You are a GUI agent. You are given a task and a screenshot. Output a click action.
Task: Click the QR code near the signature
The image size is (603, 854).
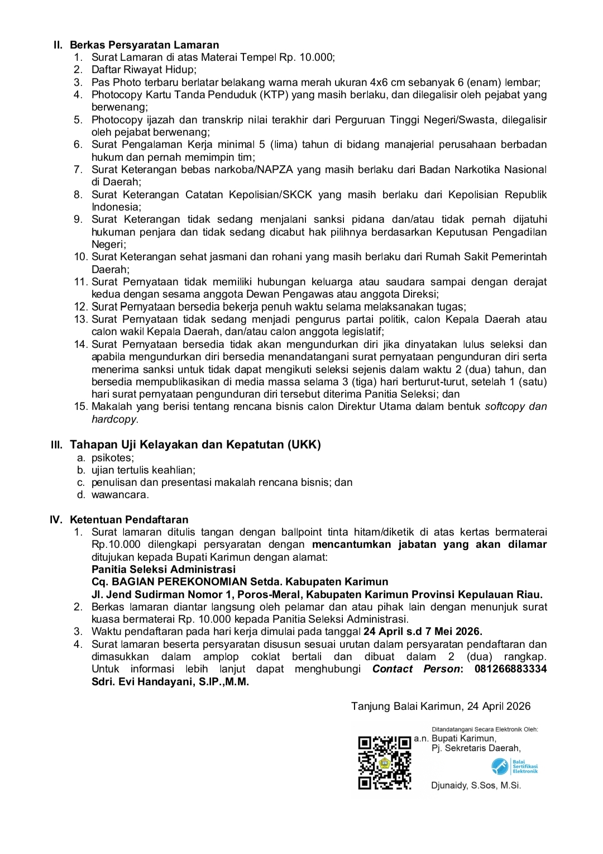tap(385, 762)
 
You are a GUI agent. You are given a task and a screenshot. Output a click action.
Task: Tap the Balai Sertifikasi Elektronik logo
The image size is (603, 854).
tap(515, 766)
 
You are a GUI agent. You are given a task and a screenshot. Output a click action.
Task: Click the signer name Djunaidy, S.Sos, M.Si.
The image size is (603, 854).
tap(476, 785)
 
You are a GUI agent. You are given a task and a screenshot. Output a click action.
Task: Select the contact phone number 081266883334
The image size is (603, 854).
tap(510, 669)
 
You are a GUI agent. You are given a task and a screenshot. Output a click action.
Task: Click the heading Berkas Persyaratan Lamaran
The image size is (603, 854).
tap(144, 45)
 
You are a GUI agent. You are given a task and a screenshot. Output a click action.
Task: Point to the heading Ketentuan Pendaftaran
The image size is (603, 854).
tap(129, 519)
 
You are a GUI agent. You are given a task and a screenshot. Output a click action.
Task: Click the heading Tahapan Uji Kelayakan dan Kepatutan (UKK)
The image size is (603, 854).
tap(195, 445)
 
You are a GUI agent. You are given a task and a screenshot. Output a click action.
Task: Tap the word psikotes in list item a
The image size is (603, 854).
tap(112, 458)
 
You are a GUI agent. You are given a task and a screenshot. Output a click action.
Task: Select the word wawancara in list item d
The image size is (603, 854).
tap(119, 495)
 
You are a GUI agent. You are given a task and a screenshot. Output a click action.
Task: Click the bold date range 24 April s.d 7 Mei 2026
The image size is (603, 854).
tap(423, 632)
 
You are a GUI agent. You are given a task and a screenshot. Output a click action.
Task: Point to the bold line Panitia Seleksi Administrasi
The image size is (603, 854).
tap(164, 569)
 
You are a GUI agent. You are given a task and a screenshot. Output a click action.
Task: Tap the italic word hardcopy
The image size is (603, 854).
tap(114, 419)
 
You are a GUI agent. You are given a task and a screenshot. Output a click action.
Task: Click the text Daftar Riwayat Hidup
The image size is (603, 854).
tap(143, 70)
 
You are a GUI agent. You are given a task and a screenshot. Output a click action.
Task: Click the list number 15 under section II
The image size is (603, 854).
tap(81, 407)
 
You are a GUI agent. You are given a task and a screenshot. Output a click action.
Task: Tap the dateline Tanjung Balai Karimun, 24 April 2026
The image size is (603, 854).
tap(441, 707)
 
